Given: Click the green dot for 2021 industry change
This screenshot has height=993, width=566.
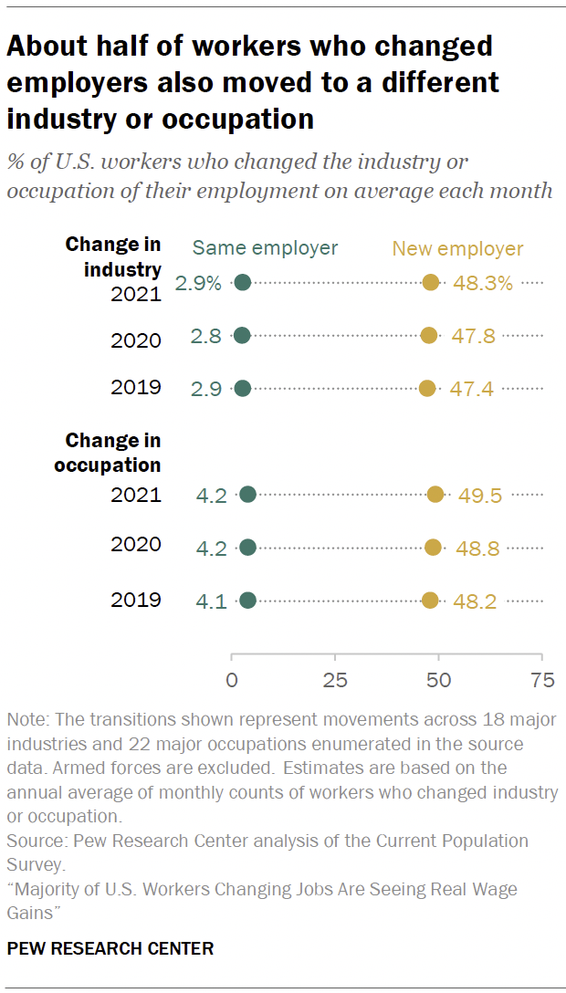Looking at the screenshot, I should [x=243, y=283].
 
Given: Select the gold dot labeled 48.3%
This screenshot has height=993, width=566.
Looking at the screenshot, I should [x=431, y=283].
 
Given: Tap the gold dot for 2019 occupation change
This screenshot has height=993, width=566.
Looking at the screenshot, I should [x=430, y=601].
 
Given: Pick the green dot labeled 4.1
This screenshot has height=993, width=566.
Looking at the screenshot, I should [x=247, y=601].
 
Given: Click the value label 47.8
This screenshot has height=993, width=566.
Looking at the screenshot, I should [x=473, y=336].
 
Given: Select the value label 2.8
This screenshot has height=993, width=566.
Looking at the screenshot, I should [x=205, y=336].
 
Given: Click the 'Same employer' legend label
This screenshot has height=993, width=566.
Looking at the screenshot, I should [x=265, y=248].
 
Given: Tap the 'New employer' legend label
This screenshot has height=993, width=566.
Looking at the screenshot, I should [x=457, y=248].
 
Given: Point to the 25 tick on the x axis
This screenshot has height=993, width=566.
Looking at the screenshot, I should [x=335, y=680].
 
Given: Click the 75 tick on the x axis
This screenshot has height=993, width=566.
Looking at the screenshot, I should [x=542, y=680].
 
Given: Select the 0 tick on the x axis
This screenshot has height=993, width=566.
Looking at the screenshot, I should [x=232, y=680].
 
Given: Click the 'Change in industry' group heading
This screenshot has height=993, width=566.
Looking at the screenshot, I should [x=113, y=257].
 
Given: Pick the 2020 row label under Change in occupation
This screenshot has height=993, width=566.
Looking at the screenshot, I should [x=136, y=545].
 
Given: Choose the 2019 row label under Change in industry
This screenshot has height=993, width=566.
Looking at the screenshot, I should [x=136, y=387].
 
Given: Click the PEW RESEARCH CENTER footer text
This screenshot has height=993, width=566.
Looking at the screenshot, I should [x=110, y=949].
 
